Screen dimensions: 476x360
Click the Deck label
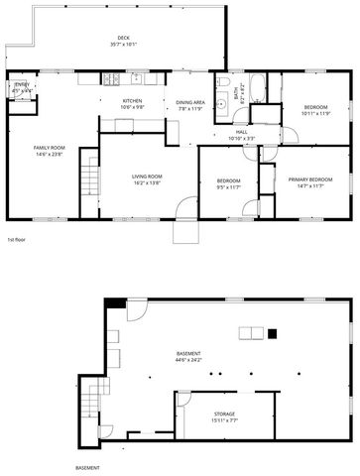pyautogui.click(x=124, y=41)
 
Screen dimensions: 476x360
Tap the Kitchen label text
pyautogui.click(x=132, y=103)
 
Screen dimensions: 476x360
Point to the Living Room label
pyautogui.click(x=147, y=179)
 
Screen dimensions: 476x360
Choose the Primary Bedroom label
pyautogui.click(x=309, y=181)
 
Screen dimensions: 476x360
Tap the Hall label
pyautogui.click(x=242, y=135)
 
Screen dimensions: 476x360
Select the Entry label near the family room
pyautogui.click(x=22, y=88)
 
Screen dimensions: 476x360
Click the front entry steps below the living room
pyautogui.click(x=185, y=231)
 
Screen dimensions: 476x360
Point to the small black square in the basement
pyautogui.click(x=275, y=335)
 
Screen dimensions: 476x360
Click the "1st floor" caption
pyautogui.click(x=16, y=240)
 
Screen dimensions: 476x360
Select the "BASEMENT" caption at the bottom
pyautogui.click(x=88, y=467)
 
